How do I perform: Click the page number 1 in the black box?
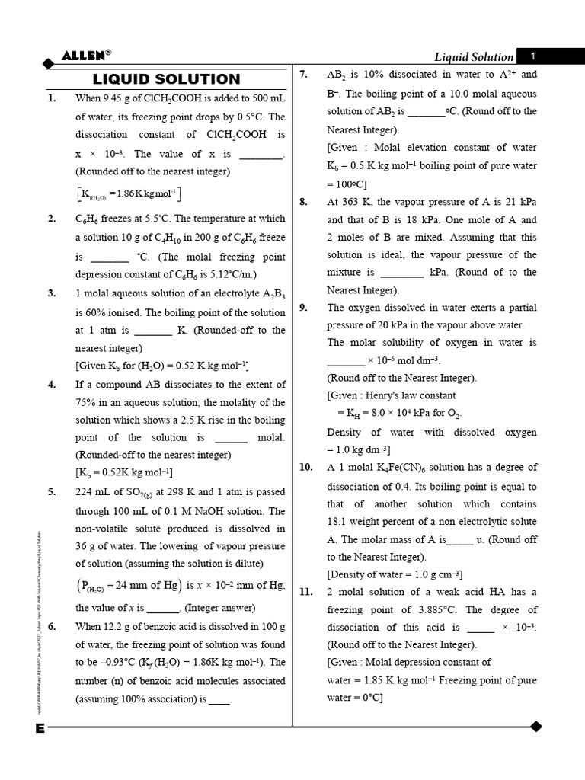coord(534,56)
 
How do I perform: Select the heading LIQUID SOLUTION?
coord(166,79)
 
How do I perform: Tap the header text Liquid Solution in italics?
coord(473,56)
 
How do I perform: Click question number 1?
coord(52,98)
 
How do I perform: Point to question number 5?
coord(52,492)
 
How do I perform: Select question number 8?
coord(303,201)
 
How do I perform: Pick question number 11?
coord(305,592)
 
